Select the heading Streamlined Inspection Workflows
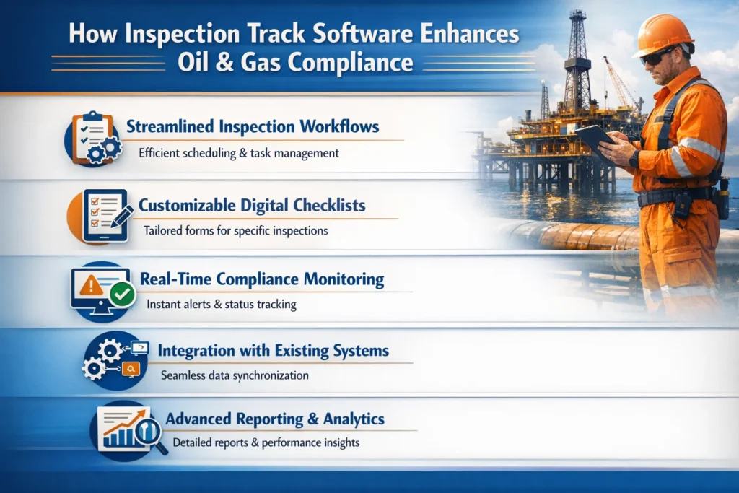252,127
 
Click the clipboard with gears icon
93,137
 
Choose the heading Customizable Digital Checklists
252,206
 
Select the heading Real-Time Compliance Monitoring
261,279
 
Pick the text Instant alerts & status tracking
221,305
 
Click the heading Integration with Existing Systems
273,352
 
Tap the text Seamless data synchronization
235,375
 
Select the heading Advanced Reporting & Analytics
274,419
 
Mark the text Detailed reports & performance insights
266,442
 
